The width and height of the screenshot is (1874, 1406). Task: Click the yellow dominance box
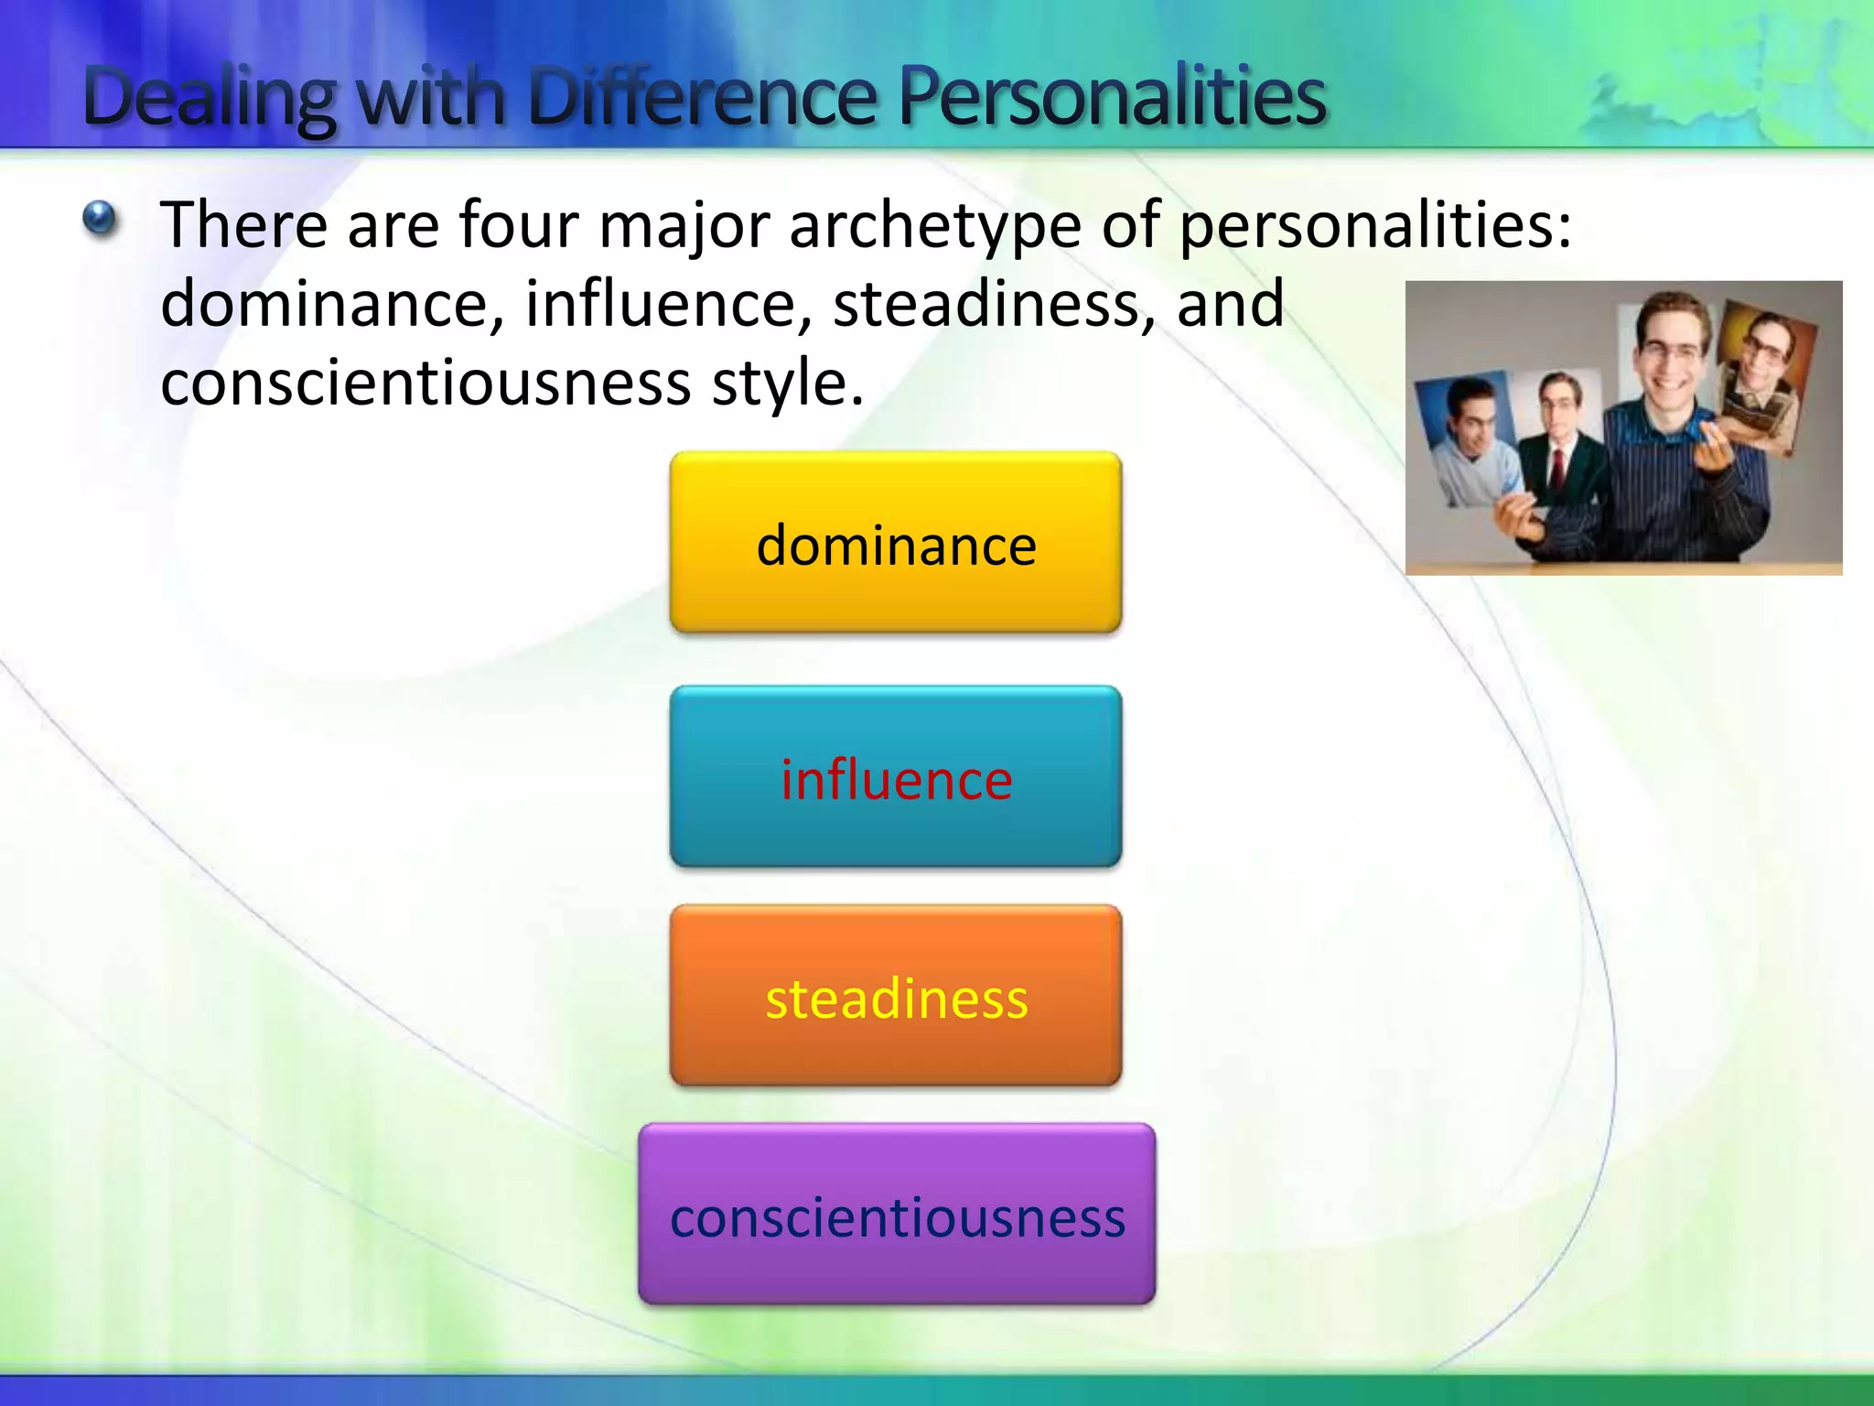pos(895,542)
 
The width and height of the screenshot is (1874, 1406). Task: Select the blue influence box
pos(895,776)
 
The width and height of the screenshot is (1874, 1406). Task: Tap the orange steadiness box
pos(895,996)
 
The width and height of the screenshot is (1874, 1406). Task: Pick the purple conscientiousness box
pos(897,1215)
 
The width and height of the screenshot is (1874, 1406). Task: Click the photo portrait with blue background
pos(1464,439)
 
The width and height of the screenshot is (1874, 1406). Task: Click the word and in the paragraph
pos(1230,304)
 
